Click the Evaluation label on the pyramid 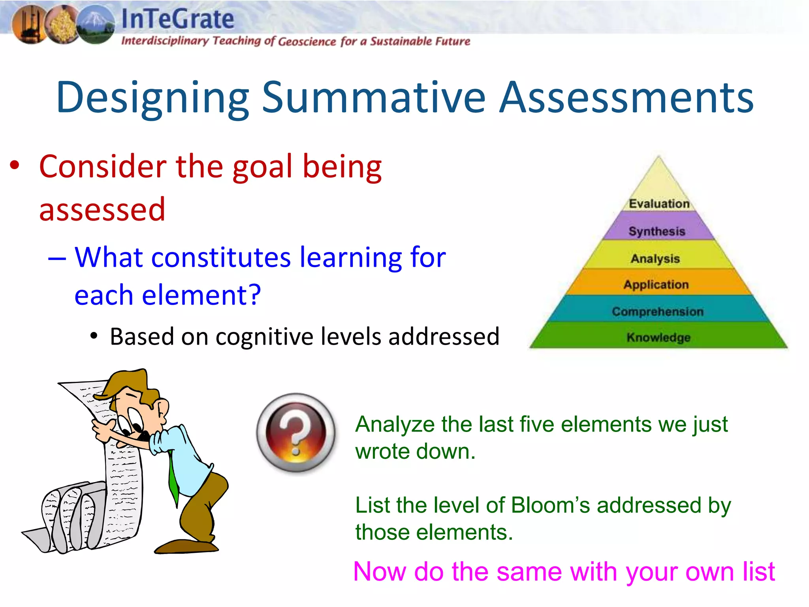(659, 204)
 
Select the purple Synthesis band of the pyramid (657, 231)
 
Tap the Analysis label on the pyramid (655, 258)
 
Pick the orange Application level (656, 285)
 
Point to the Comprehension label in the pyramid (658, 311)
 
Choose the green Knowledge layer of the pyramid (658, 337)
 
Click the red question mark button (296, 433)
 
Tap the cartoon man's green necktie (173, 478)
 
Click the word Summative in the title (373, 98)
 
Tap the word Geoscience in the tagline (307, 41)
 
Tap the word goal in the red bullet (262, 166)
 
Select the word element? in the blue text (201, 295)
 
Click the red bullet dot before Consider (15, 166)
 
